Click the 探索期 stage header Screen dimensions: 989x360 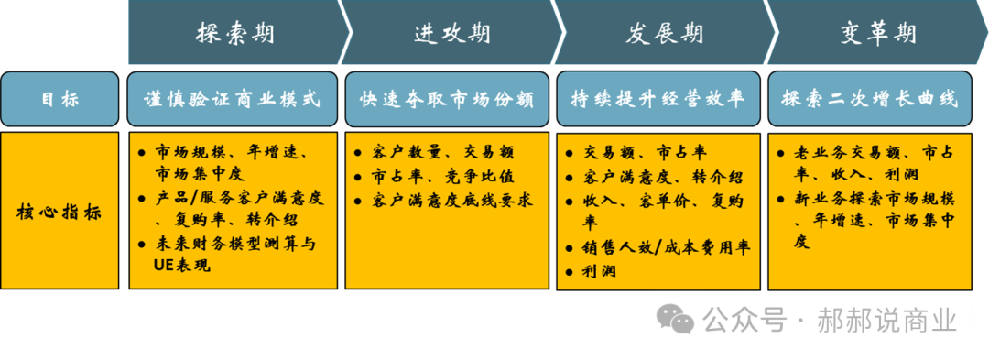[x=234, y=34]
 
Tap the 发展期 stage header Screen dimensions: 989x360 [x=665, y=34]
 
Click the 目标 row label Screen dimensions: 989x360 [x=60, y=99]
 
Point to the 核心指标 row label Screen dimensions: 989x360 [x=60, y=212]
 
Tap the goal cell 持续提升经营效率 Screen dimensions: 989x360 [x=658, y=99]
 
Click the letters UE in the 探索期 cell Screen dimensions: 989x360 [x=165, y=266]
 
